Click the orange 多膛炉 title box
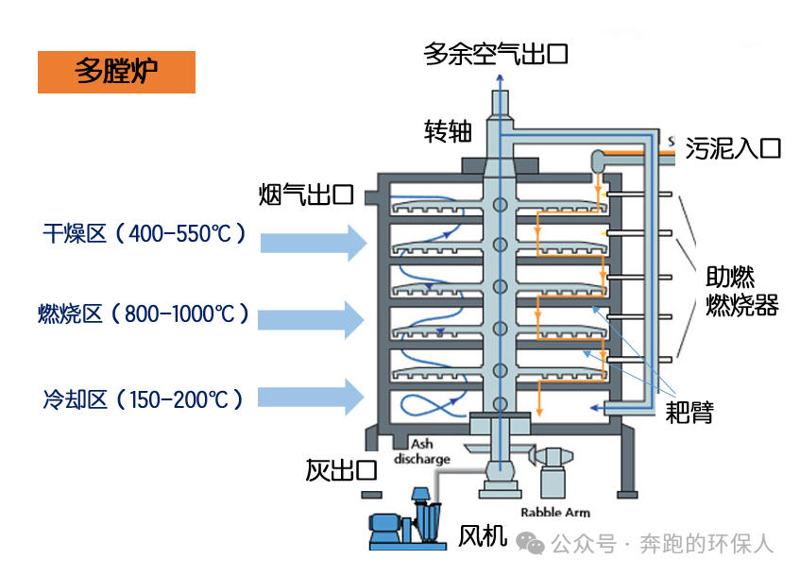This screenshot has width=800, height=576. [116, 72]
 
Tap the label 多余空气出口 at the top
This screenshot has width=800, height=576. [496, 53]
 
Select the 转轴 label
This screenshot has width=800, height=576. [448, 131]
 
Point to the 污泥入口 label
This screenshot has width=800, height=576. [733, 148]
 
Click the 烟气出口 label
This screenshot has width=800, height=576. [305, 195]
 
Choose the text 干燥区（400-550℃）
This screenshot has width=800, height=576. [144, 232]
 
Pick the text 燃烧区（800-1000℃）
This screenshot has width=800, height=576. [144, 313]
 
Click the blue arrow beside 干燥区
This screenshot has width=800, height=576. [313, 242]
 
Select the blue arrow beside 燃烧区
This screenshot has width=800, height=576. [313, 319]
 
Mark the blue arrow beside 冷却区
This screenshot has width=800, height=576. [313, 397]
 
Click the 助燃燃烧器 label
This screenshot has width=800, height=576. [741, 292]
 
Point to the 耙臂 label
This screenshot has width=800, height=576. [689, 412]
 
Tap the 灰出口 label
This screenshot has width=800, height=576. [341, 469]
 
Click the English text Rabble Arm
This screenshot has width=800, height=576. [565, 512]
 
